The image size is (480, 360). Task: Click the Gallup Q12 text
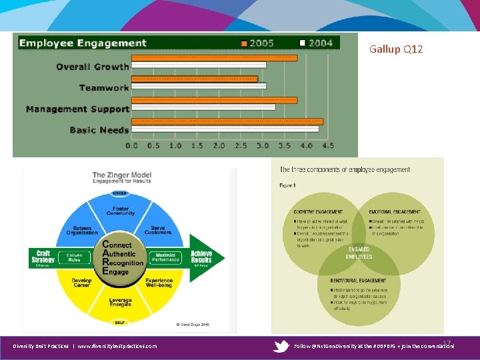pos(396,49)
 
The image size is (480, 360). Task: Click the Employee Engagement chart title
pos(83,43)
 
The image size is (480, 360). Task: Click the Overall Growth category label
pos(92,67)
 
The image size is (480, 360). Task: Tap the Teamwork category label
pos(103,87)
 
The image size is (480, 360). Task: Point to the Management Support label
pos(77,109)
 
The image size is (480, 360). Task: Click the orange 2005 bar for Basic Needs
pos(227,121)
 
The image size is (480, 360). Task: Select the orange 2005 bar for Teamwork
pos(194,79)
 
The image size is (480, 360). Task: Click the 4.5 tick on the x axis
pos(327,145)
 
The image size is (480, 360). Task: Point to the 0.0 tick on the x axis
pos(132,145)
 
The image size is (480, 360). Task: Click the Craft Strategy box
pos(43,256)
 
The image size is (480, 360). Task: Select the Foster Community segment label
pos(120,211)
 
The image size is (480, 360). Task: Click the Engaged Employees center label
pos(359,254)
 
